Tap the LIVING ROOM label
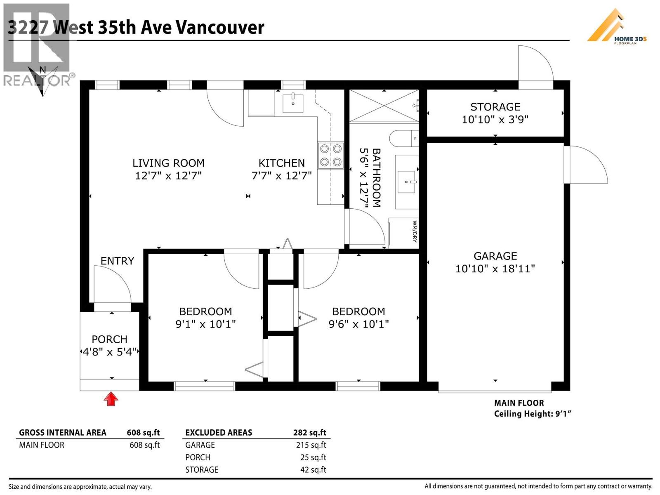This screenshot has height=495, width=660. (168, 163)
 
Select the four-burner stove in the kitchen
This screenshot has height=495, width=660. (331, 155)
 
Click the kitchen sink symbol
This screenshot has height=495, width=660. (293, 102)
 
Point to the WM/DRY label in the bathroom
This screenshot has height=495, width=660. (415, 231)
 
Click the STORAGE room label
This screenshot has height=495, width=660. (495, 107)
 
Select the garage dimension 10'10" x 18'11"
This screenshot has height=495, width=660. (495, 269)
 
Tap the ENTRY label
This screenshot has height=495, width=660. (117, 261)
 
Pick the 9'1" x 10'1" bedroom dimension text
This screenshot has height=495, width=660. (205, 324)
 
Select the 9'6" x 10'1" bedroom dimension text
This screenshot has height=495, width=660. (358, 324)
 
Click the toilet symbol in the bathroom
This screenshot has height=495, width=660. (404, 139)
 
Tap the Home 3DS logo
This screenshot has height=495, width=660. (617, 27)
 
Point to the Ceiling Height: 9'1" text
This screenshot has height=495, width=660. (533, 414)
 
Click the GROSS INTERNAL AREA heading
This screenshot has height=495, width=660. (63, 432)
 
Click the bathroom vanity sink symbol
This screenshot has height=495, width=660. (407, 181)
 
